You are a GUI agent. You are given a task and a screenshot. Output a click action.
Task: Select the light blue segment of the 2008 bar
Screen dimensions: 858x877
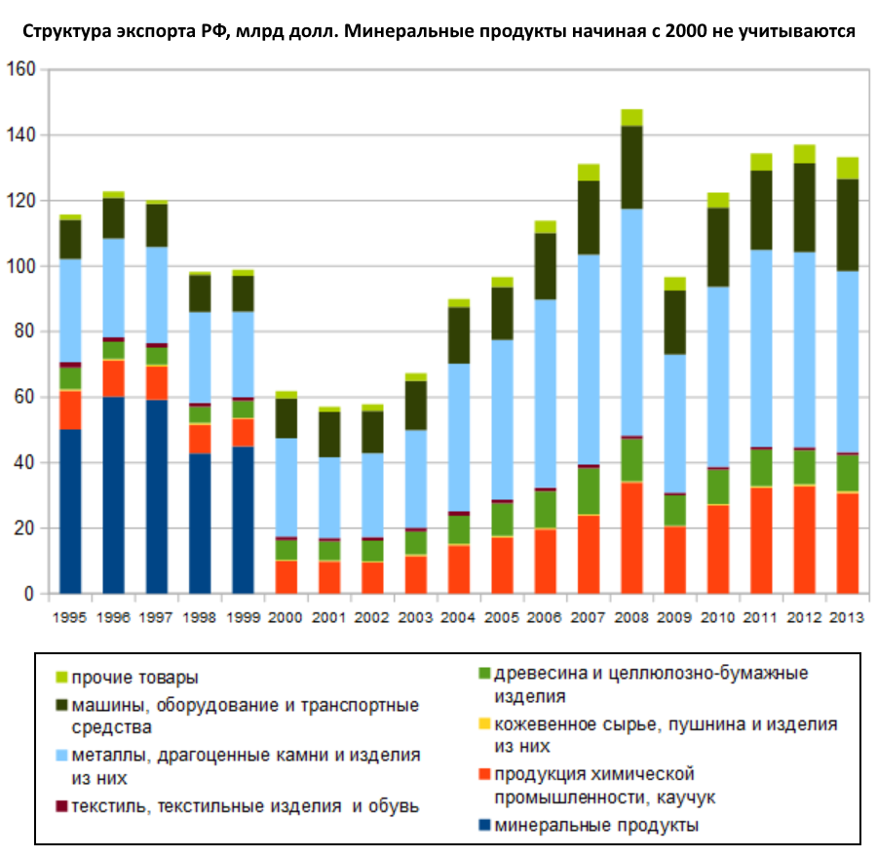coord(631,322)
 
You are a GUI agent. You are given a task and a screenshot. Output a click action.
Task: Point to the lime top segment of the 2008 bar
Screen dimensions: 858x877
coord(631,117)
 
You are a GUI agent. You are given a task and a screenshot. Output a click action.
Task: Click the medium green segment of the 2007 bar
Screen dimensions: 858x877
coord(589,490)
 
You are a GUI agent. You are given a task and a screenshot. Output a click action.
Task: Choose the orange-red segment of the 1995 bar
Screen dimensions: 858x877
coord(70,409)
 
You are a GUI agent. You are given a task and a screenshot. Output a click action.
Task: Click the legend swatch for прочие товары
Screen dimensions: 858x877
coord(62,676)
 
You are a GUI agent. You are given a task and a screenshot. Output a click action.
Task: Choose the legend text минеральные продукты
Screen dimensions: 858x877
coord(596,826)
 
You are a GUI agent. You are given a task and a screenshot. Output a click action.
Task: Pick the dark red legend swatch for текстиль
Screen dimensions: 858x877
coord(62,805)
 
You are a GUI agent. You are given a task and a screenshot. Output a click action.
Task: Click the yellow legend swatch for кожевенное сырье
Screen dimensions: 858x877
coord(485,724)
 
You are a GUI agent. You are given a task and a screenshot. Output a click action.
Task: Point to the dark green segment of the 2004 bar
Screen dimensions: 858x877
coord(458,334)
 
